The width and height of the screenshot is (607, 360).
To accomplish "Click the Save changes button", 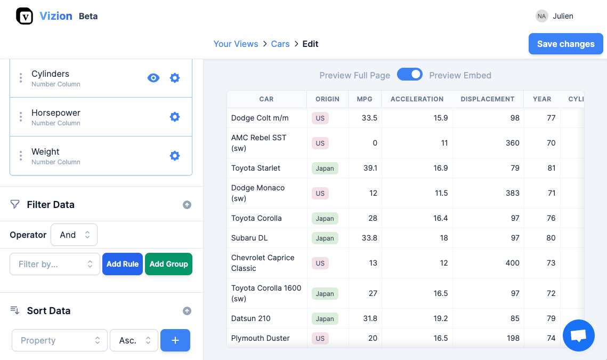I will tap(565, 44).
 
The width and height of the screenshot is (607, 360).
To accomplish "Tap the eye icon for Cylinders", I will tap(153, 78).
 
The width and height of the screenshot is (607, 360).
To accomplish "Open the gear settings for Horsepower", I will tap(174, 117).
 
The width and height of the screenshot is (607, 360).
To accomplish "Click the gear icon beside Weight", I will tap(174, 156).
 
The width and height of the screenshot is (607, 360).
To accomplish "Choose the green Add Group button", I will tap(168, 264).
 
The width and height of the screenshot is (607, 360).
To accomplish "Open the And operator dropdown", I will tap(74, 235).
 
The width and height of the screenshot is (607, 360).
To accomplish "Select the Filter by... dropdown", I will tap(55, 264).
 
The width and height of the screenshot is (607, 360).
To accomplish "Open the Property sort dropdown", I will tap(59, 340).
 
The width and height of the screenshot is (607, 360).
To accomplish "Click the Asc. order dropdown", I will tap(134, 340).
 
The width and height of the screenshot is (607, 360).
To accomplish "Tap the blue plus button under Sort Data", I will tap(175, 340).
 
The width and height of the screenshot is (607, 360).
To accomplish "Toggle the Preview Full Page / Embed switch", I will tap(410, 75).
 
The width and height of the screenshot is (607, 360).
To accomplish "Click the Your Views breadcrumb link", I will tap(236, 44).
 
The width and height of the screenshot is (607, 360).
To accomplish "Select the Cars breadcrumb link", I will tap(280, 44).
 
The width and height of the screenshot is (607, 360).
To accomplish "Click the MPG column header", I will tap(365, 99).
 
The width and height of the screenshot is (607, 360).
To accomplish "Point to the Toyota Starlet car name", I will tap(256, 168).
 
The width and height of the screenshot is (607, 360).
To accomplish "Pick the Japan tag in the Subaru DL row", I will tap(325, 238).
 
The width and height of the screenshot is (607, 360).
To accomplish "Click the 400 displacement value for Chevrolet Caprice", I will tap(512, 263).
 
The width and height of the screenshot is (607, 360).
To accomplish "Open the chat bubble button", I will tap(578, 335).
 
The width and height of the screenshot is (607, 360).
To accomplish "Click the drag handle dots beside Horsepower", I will tap(21, 117).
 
